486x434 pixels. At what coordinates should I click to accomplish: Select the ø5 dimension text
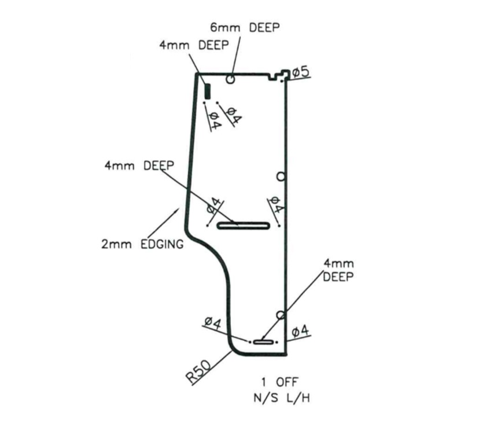(301, 72)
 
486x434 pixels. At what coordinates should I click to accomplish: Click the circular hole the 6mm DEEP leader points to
(231, 79)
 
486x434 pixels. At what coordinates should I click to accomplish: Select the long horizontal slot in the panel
(243, 226)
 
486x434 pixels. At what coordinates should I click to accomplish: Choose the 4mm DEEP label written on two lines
(338, 270)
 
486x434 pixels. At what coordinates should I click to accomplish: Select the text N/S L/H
(281, 399)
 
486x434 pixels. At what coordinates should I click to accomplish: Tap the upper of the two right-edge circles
(281, 176)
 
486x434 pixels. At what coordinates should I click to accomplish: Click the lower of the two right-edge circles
(281, 315)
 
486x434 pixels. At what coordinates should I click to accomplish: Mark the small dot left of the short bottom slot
(250, 342)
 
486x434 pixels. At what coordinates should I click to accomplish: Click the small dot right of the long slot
(279, 226)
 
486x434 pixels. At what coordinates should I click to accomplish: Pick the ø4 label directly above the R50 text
(213, 323)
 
